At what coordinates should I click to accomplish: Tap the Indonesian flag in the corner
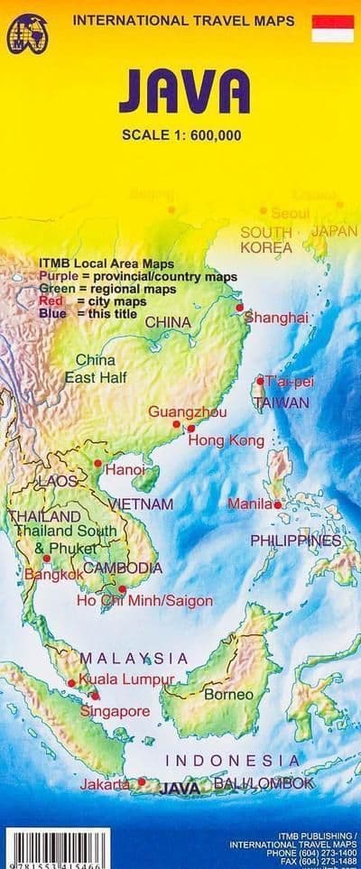point(332,28)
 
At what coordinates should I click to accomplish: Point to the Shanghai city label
point(277,318)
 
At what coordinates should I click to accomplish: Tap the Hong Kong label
point(226,441)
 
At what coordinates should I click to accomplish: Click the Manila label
point(249,503)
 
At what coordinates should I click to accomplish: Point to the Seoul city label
point(290,214)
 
